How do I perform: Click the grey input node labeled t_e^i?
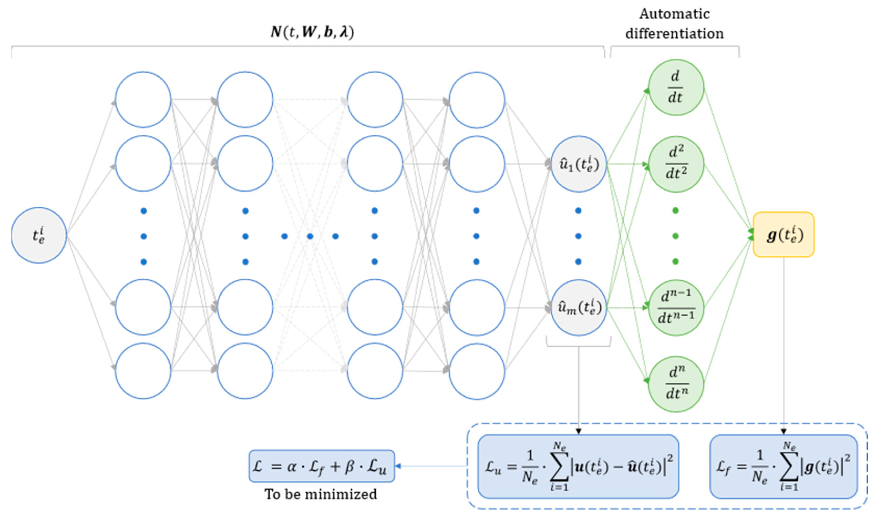(x=39, y=235)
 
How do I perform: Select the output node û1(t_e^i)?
(x=579, y=164)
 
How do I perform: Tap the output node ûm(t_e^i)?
(x=579, y=308)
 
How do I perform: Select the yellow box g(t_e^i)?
(x=784, y=235)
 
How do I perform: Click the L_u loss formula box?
(x=578, y=466)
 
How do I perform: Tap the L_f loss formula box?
(x=784, y=466)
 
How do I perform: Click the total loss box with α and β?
(x=322, y=466)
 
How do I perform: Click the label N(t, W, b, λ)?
(x=312, y=32)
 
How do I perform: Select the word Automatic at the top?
(x=674, y=14)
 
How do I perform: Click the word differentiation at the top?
(x=674, y=34)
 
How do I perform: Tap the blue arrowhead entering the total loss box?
(x=398, y=466)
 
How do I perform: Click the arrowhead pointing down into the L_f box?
(x=784, y=431)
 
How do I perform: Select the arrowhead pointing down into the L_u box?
(x=579, y=431)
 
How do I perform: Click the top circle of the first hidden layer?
(x=143, y=100)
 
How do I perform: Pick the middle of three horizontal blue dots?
(x=310, y=236)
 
